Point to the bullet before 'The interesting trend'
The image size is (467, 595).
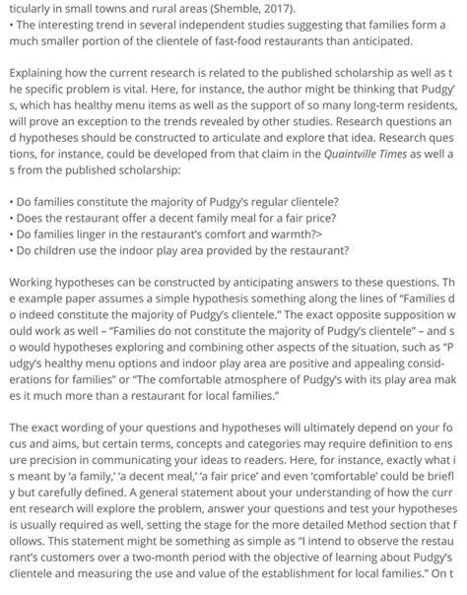pyautogui.click(x=9, y=26)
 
